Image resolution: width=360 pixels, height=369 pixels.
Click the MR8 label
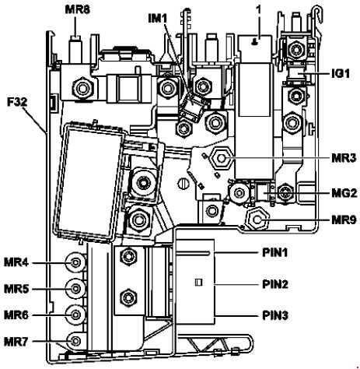(x=77, y=10)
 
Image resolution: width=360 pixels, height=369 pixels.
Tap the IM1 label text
(x=158, y=19)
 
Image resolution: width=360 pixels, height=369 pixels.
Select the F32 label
(x=17, y=102)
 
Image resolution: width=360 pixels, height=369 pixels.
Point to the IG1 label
(x=341, y=74)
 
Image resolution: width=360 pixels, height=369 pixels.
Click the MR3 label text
(x=344, y=158)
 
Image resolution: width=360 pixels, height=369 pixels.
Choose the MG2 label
(x=344, y=193)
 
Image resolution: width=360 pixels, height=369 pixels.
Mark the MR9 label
(x=344, y=220)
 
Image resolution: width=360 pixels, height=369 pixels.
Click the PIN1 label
(x=275, y=253)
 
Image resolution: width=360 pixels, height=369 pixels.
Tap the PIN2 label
(x=275, y=284)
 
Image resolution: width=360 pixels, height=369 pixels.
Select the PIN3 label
(x=275, y=316)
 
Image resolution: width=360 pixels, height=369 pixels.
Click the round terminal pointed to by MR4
(x=75, y=263)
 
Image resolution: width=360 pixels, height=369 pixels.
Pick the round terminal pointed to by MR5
(x=75, y=288)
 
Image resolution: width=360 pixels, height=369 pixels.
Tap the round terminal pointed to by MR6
(x=75, y=315)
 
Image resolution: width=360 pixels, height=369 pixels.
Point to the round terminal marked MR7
(x=75, y=341)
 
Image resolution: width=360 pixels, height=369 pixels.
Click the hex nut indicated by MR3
(x=221, y=158)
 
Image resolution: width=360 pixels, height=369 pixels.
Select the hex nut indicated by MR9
(x=257, y=220)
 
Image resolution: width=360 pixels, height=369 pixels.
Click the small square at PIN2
(x=198, y=283)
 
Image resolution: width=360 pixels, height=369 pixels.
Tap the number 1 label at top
(x=258, y=9)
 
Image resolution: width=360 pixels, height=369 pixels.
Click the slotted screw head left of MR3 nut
(x=183, y=184)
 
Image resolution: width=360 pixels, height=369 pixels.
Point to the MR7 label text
(x=16, y=342)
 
